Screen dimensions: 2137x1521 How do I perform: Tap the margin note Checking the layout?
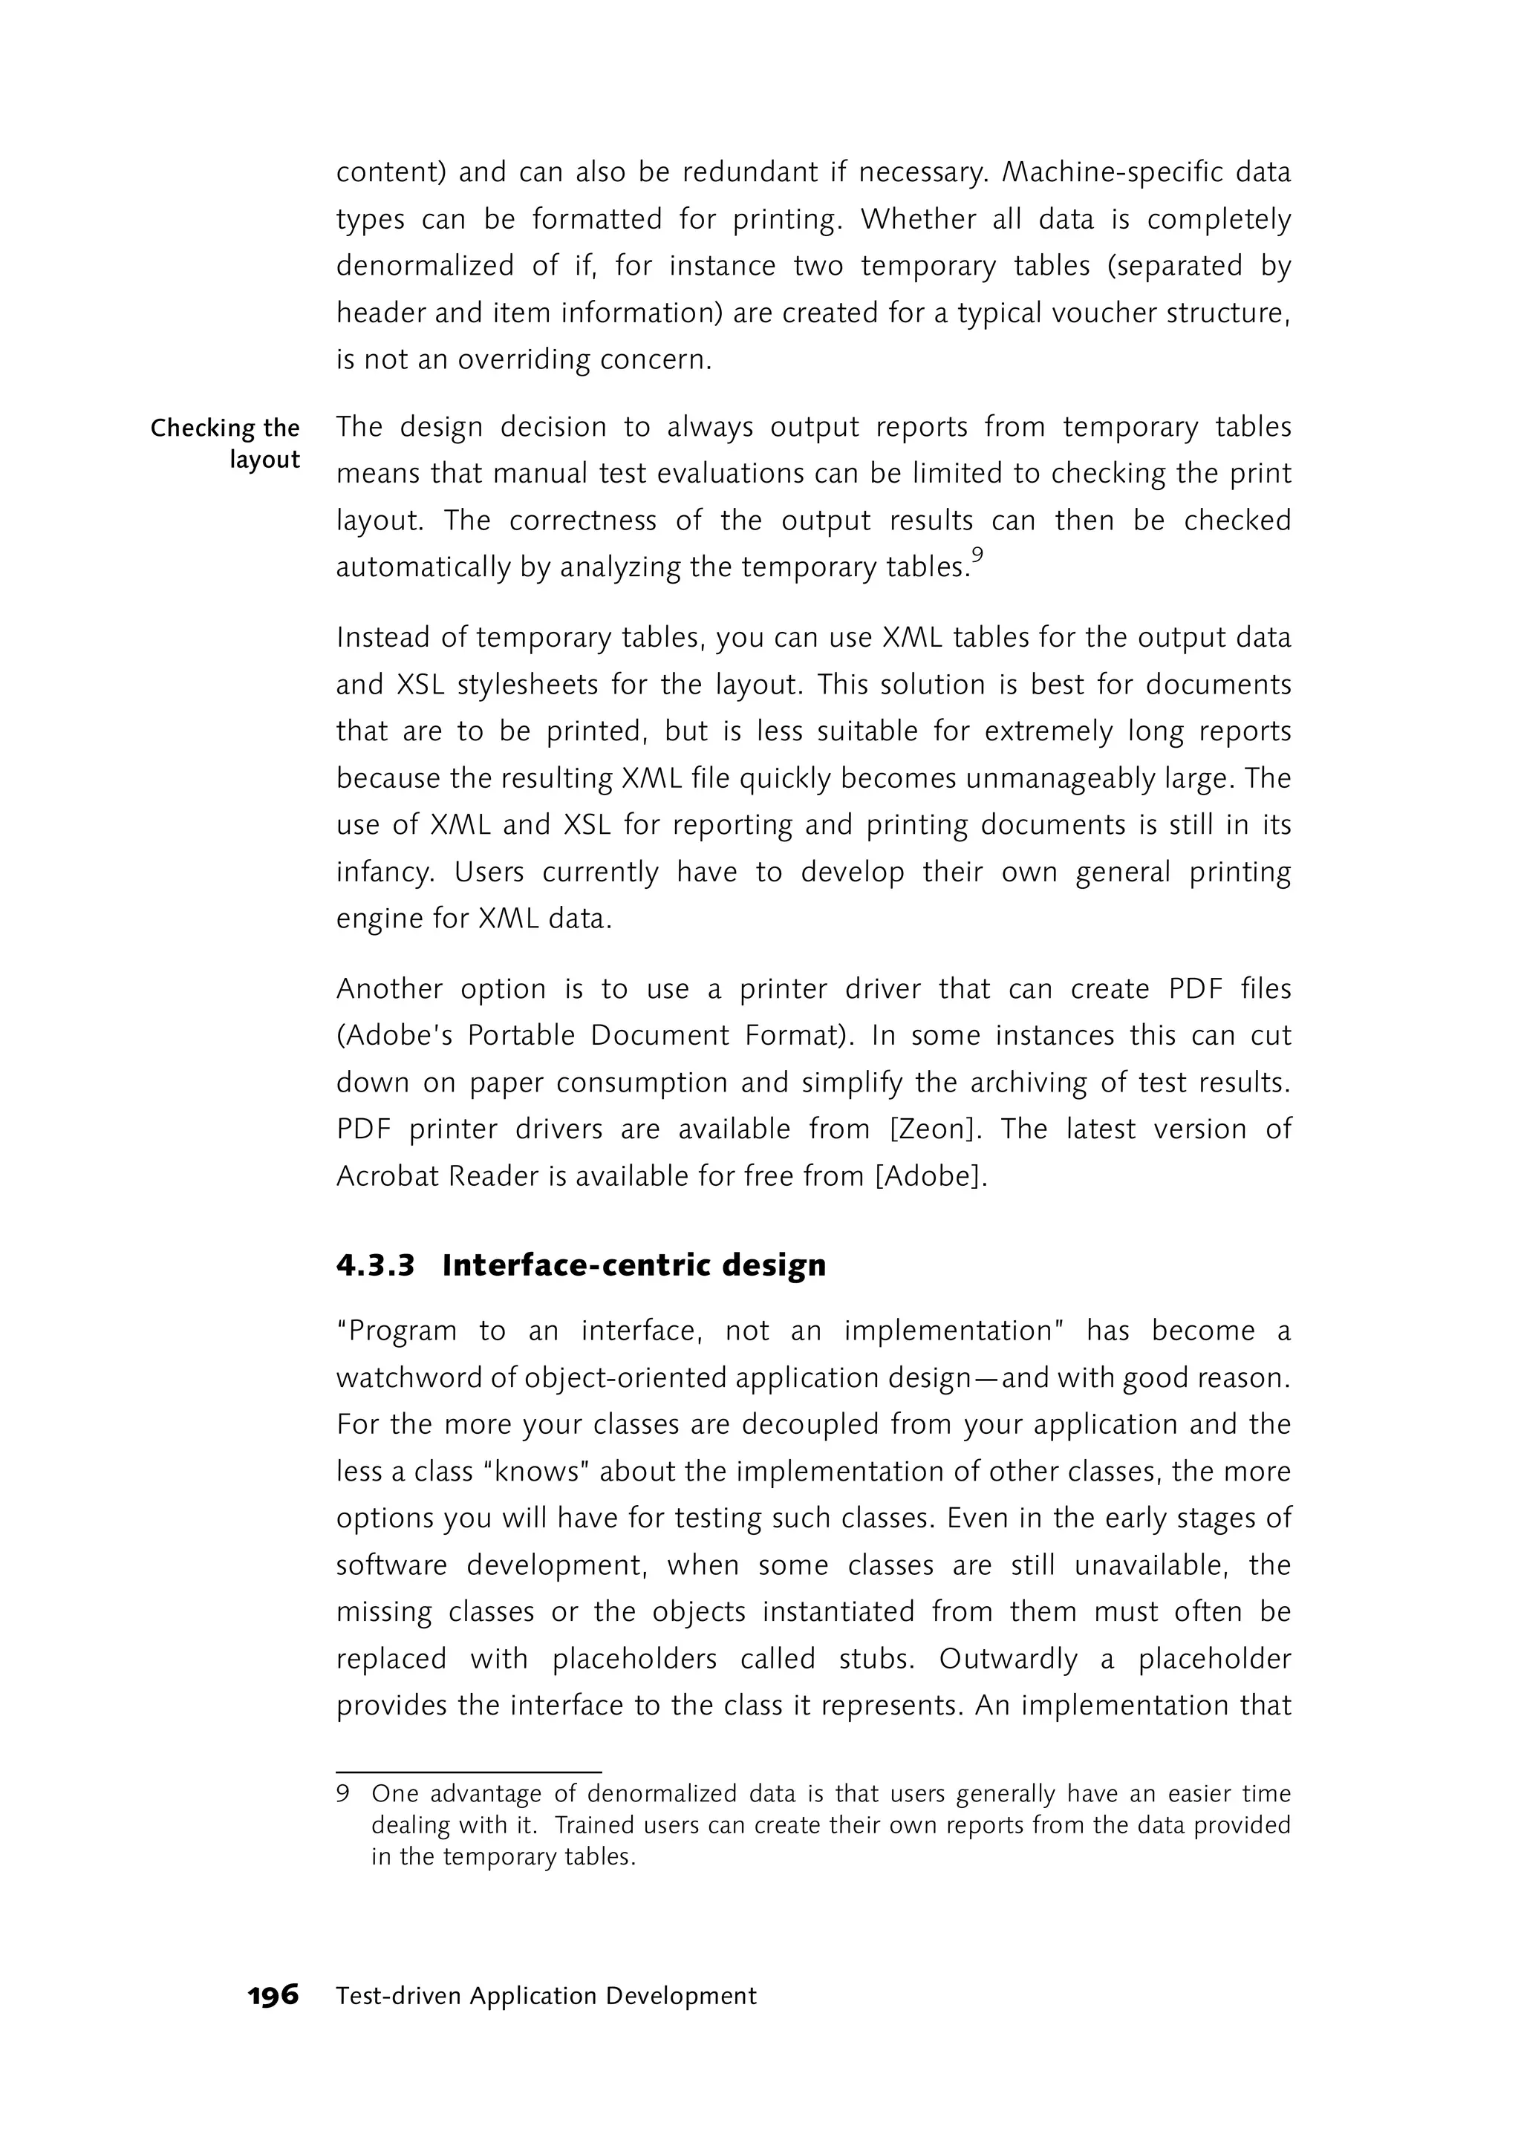click(226, 443)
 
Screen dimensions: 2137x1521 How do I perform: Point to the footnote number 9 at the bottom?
click(343, 1794)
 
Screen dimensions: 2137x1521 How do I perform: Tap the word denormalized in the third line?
click(424, 266)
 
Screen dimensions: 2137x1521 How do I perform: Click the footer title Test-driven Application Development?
click(546, 1996)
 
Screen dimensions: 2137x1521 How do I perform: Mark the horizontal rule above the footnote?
click(469, 1772)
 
